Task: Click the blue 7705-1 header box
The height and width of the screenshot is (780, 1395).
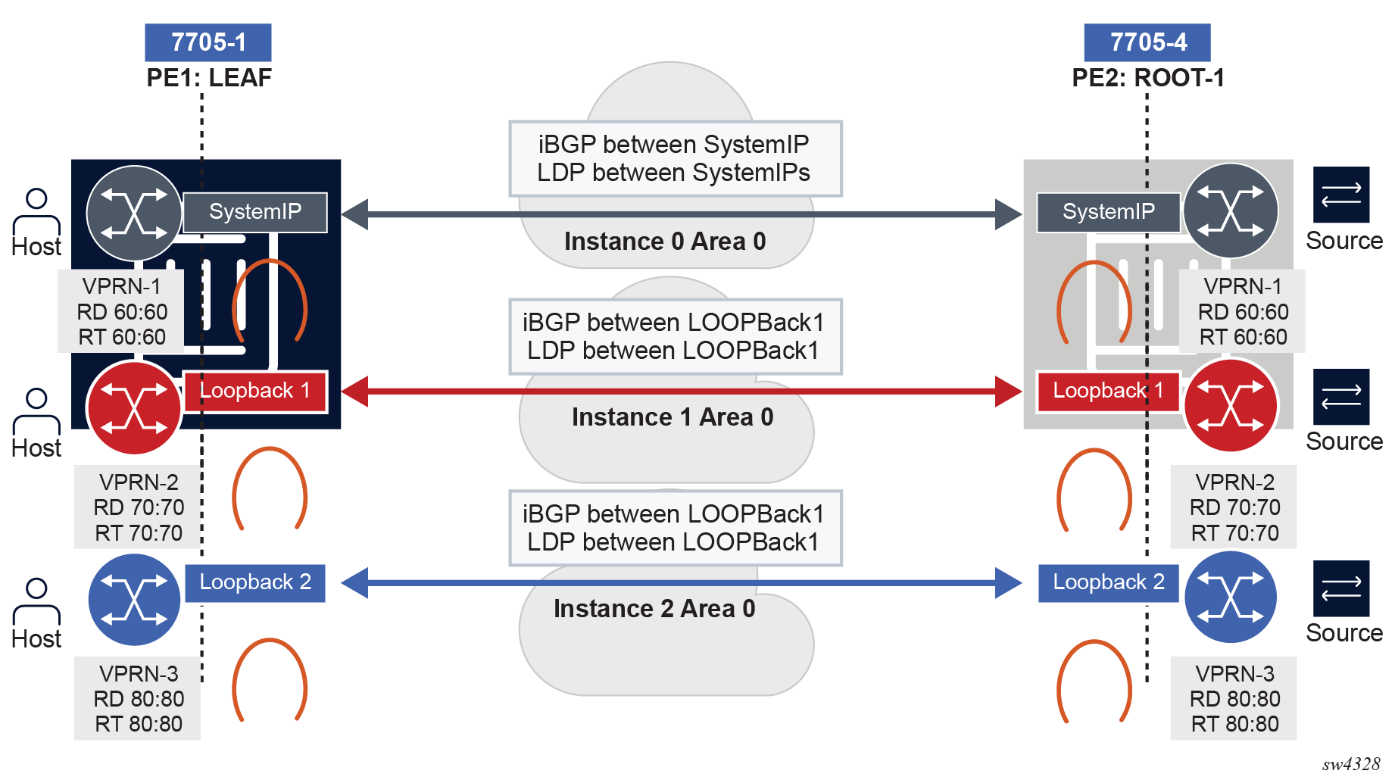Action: tap(208, 42)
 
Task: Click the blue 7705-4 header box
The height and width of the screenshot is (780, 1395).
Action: tap(1147, 42)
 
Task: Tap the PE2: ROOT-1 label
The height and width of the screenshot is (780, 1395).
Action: tap(1147, 78)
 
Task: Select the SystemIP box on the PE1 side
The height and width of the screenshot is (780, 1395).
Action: tap(255, 212)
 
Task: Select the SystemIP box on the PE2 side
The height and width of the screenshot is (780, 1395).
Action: tap(1108, 212)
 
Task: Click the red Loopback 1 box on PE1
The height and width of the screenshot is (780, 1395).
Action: tap(255, 392)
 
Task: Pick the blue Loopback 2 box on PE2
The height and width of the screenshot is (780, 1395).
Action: tap(1108, 583)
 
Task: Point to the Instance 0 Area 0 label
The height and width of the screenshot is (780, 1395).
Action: tap(665, 242)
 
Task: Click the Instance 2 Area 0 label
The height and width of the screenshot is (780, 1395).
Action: tap(654, 609)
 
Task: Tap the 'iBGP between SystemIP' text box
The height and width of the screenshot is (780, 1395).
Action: tap(675, 159)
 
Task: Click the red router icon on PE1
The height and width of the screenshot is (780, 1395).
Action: tap(134, 408)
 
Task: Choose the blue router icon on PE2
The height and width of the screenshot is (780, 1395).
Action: tap(1231, 597)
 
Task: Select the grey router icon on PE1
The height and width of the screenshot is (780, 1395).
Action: tap(134, 214)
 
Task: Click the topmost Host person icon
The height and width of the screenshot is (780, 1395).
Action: tap(36, 211)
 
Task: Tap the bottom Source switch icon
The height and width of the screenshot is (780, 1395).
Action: tap(1341, 588)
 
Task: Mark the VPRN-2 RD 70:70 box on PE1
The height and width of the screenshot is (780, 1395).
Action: tap(138, 507)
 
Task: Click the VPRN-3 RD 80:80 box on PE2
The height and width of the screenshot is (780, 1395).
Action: tap(1234, 698)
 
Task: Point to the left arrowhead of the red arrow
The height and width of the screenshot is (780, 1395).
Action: tap(356, 392)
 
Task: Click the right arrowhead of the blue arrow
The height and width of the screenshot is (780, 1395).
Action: tap(1008, 583)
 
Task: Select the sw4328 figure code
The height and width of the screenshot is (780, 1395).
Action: tap(1351, 765)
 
